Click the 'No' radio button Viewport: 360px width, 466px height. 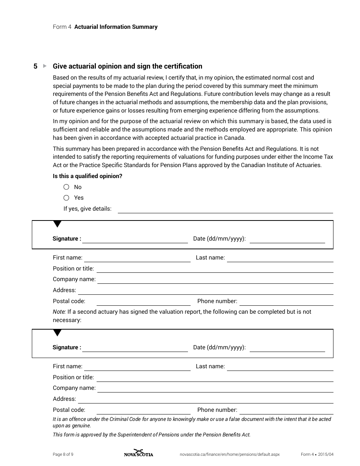tap(66, 187)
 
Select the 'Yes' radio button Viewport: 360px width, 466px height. tap(66, 197)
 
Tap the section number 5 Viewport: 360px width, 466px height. tap(35, 66)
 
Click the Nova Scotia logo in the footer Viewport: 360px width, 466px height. tap(138, 453)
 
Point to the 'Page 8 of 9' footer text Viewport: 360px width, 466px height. tap(63, 454)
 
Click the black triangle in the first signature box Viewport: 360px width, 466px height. tap(57, 224)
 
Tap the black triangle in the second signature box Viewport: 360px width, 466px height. tap(57, 333)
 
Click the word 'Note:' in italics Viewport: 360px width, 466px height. tap(59, 312)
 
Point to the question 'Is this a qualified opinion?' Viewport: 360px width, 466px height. tap(88, 176)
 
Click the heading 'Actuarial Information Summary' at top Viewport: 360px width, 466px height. tap(116, 27)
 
